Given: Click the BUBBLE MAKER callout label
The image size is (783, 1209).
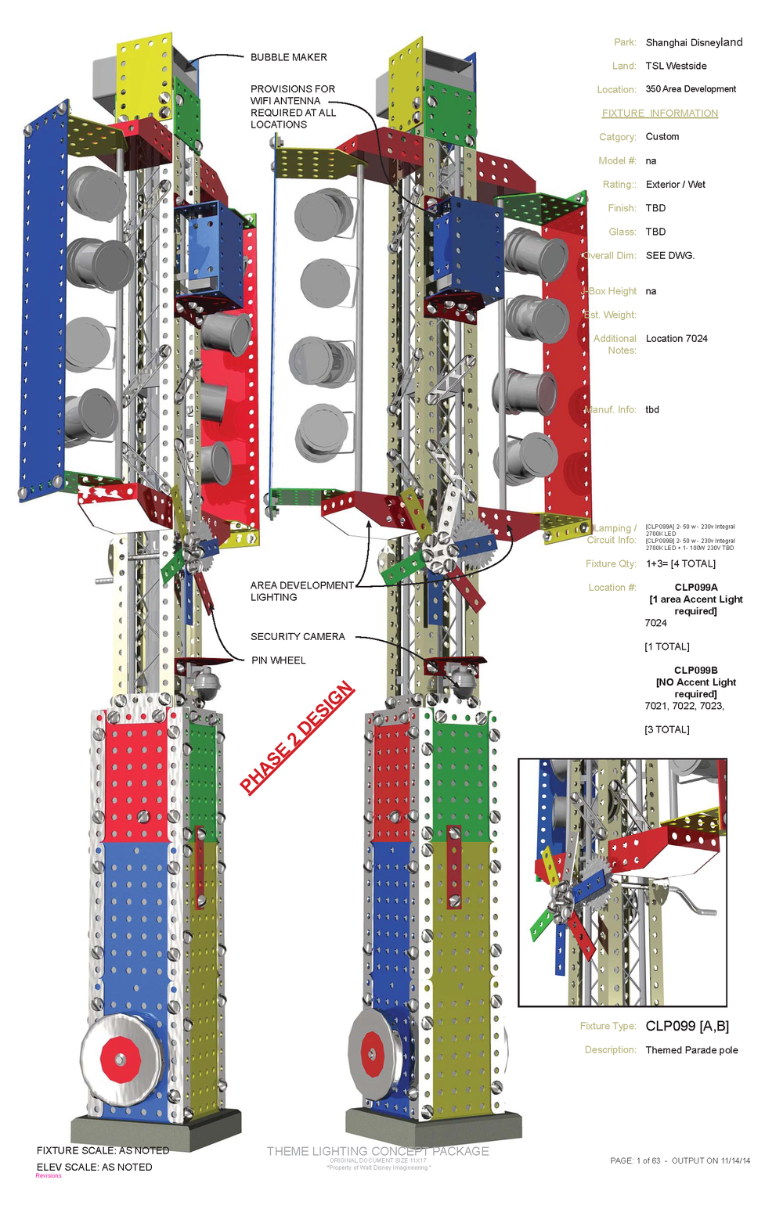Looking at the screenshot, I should coord(288,57).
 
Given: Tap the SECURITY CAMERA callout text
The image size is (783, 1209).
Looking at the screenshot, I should coord(298,636).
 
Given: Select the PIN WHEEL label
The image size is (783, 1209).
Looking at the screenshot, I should coord(278,660).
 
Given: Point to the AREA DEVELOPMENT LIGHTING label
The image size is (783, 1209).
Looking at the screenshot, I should coord(301,591).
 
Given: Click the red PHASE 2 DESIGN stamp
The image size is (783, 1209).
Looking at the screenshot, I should coord(297,738).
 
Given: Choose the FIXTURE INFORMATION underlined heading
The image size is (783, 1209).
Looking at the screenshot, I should coord(659,113).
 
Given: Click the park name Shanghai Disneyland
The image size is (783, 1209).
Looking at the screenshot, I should coord(694,42).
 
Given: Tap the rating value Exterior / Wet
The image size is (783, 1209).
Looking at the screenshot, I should coord(675,185).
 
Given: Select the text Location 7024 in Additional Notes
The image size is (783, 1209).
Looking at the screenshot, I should coord(677,339).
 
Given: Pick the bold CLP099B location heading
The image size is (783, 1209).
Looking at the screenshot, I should coord(695,670).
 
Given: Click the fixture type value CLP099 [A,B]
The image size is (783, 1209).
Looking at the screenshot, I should coord(687,1026).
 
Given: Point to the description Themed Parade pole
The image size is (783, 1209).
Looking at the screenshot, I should coord(691,1050).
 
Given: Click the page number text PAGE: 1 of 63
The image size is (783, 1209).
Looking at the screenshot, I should coord(635,1160).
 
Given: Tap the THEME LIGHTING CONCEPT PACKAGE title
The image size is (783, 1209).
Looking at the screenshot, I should coord(377,1151).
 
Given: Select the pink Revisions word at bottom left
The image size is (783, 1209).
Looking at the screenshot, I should coord(48,1175).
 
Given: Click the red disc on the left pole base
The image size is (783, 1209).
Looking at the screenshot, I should coord(119,1059).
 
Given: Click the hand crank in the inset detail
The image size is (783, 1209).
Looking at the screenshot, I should coord(689,900).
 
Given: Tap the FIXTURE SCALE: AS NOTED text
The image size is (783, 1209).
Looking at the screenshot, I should coord(103,1150).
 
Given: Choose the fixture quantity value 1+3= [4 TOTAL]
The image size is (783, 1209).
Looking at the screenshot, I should coord(680,563).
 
